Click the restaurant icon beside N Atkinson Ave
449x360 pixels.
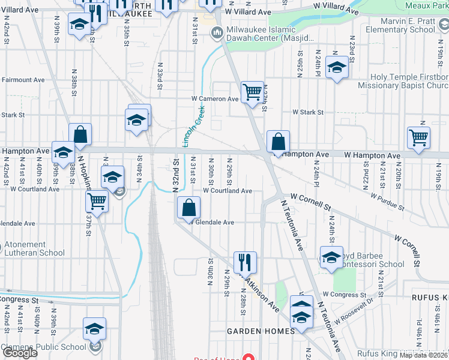pos(245,262)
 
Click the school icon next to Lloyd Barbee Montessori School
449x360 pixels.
pos(331,257)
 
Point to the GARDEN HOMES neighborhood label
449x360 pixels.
pos(261,331)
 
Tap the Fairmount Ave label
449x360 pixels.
pos(23,79)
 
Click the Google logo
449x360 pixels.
pos(20,353)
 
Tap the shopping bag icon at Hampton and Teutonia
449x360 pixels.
pos(278,142)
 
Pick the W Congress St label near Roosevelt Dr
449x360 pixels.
pos(344,295)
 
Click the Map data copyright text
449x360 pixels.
pos(424,355)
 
